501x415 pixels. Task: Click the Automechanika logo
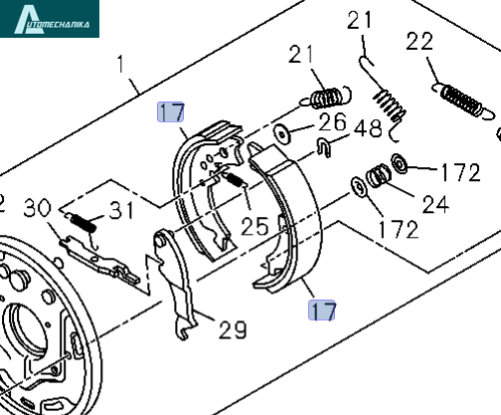click(x=50, y=19)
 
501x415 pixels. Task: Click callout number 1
click(x=120, y=65)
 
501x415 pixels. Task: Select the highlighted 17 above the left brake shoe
click(x=171, y=112)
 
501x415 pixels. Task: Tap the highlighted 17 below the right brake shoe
click(x=322, y=311)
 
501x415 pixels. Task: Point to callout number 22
click(x=419, y=41)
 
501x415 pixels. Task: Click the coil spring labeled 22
click(x=463, y=101)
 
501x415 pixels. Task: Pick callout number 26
click(x=332, y=122)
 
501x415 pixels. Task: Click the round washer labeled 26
click(x=281, y=134)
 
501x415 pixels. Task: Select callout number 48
click(x=368, y=128)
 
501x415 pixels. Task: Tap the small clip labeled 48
click(x=324, y=147)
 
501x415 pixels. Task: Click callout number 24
click(x=435, y=204)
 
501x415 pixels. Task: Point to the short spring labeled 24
click(x=379, y=175)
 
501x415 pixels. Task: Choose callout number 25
click(x=254, y=227)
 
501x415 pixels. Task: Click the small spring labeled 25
click(x=236, y=179)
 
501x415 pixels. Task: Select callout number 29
click(x=233, y=329)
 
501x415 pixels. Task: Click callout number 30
click(x=38, y=208)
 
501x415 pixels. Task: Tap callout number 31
click(x=122, y=210)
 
